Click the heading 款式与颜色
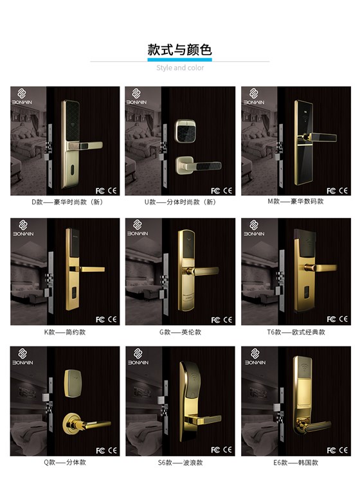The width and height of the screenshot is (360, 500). pos(179,50)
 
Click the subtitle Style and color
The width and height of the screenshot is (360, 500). pos(180,67)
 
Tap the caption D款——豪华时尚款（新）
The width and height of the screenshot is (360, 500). pos(67,202)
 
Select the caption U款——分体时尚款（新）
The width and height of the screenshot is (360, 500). pos(180,202)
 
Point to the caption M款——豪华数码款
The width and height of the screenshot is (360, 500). pos(296,202)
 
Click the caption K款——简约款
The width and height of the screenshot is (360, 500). pos(65,332)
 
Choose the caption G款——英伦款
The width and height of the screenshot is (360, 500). pos(180,332)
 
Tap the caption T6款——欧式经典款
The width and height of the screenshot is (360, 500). pos(296,332)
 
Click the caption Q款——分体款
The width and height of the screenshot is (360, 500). pos(65,462)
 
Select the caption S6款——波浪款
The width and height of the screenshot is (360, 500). pos(180,463)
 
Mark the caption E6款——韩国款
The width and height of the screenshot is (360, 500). pos(296,463)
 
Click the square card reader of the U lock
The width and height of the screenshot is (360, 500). pos(186,131)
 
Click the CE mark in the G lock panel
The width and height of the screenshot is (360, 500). pos(228,319)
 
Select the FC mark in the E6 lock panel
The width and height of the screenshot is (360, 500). pos(331,451)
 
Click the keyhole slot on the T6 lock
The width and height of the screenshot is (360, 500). pos(306,290)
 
